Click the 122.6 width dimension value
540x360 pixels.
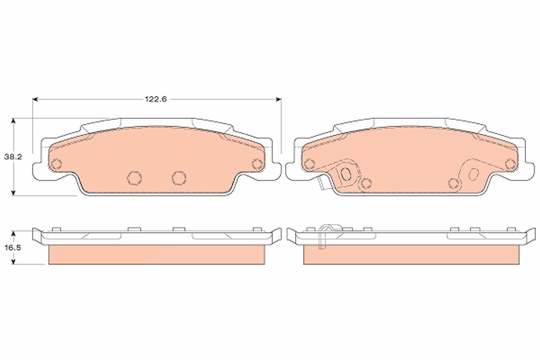(156, 99)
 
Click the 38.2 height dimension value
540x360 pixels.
(13, 157)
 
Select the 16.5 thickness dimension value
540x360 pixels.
(13, 247)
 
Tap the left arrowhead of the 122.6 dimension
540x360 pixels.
(35, 99)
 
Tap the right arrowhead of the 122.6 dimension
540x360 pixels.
(279, 99)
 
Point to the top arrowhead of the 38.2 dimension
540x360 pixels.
(13, 121)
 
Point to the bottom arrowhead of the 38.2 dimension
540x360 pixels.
(13, 193)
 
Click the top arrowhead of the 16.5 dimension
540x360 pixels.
(13, 234)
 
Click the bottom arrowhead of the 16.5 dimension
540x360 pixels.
(13, 261)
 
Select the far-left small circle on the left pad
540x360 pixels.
(57, 164)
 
